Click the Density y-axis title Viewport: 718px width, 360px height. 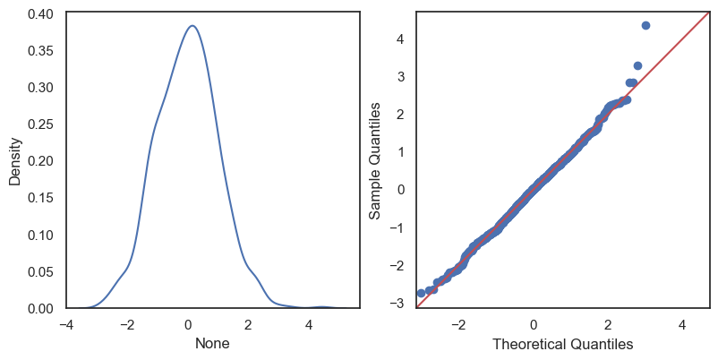click(x=15, y=161)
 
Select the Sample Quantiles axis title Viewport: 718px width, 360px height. click(x=376, y=161)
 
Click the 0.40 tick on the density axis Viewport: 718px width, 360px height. click(x=39, y=13)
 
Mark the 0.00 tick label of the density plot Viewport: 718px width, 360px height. click(x=39, y=309)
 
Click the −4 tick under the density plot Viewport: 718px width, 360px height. click(x=66, y=324)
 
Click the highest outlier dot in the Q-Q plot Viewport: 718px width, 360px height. click(x=645, y=25)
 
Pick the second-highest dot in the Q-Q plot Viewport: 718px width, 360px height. click(x=637, y=65)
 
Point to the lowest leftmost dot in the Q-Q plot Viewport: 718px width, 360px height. click(x=421, y=293)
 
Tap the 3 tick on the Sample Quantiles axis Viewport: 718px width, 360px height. click(x=403, y=77)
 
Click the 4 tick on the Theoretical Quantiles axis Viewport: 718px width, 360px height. click(x=682, y=324)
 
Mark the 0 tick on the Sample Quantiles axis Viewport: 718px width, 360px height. click(x=403, y=189)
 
